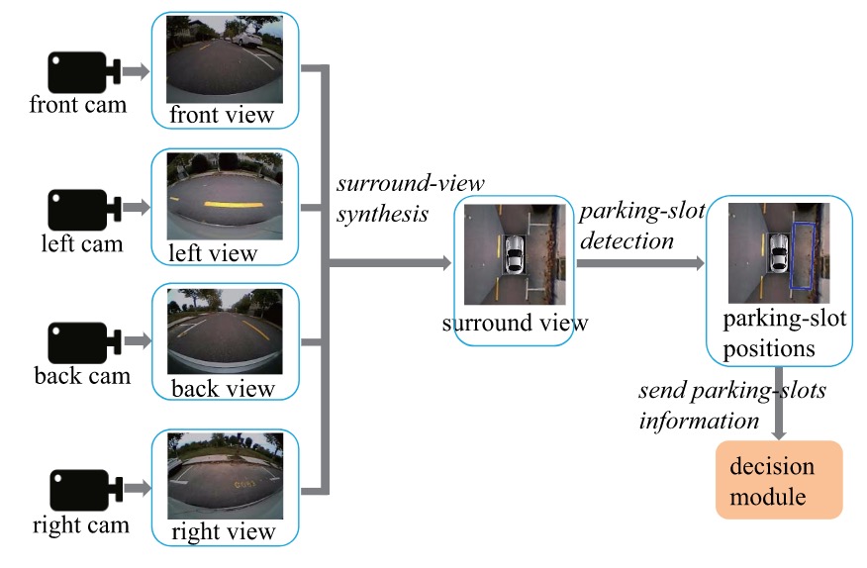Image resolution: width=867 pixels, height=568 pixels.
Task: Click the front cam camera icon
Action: tap(81, 71)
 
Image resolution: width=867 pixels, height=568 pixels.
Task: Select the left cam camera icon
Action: tap(81, 208)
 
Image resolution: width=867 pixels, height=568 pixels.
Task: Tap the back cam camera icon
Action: tap(81, 342)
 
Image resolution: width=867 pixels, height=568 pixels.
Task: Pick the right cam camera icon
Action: tap(81, 488)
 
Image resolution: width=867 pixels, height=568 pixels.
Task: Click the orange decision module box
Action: tap(779, 480)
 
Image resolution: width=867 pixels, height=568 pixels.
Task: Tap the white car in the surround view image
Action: tap(514, 255)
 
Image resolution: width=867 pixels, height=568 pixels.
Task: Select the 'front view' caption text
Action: tap(222, 115)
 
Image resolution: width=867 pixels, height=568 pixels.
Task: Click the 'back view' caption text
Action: tap(223, 388)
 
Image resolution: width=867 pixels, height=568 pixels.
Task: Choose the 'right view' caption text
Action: tap(223, 531)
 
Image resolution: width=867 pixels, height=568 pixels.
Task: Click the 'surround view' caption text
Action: tap(515, 323)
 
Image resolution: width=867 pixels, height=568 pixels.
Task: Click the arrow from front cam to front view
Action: tap(135, 71)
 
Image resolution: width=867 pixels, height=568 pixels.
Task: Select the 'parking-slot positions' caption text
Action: tap(769, 333)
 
